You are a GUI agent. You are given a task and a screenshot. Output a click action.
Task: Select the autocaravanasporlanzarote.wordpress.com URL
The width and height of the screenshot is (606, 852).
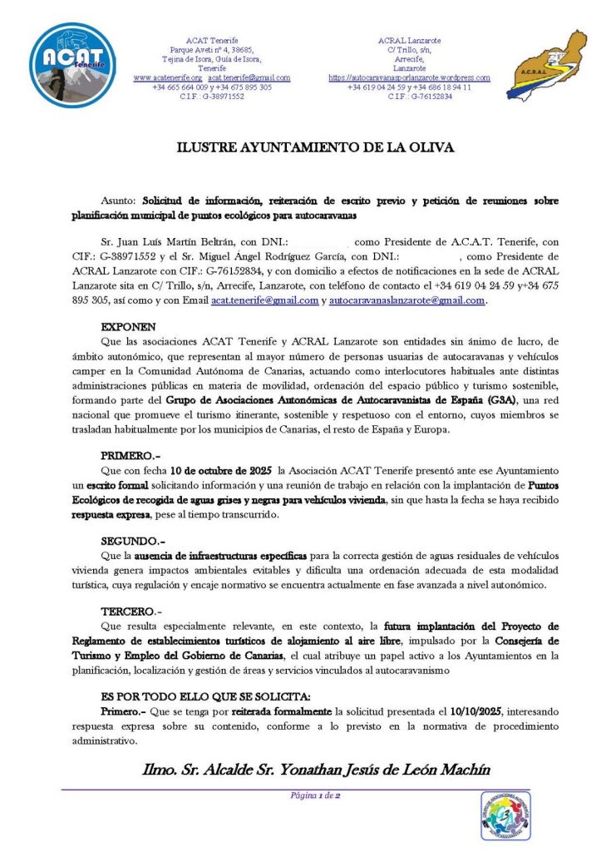click(x=409, y=77)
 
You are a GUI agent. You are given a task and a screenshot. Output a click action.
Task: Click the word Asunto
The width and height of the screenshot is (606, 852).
click(x=120, y=201)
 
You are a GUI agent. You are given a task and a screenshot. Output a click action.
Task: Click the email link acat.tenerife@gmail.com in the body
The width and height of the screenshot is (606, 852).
click(x=264, y=300)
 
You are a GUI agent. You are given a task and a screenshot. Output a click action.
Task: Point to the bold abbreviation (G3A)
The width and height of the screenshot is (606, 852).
click(x=501, y=399)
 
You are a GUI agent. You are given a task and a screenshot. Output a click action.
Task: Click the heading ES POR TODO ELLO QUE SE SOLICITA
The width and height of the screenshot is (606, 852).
click(x=205, y=696)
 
